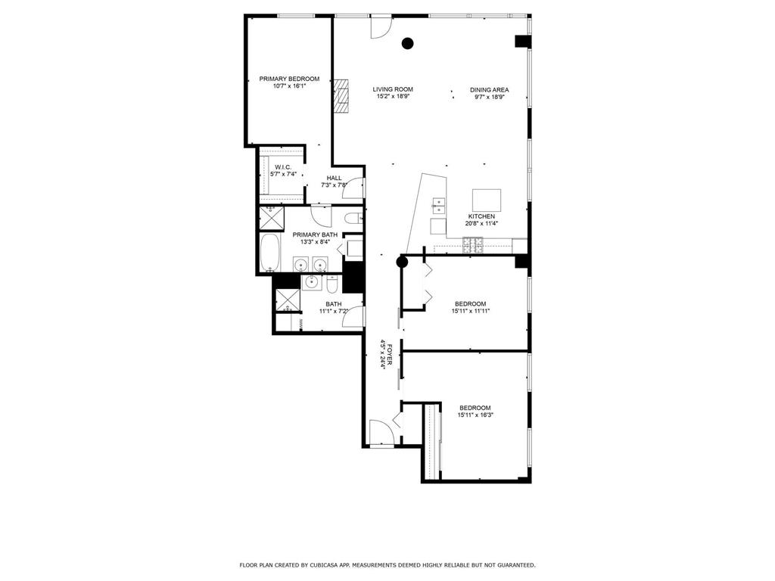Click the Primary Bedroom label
pos(289,79)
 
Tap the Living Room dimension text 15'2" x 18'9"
pos(393,96)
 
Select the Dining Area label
pos(489,89)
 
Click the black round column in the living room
pos(408,43)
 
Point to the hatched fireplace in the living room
pos(344,95)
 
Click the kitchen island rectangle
pos(487,200)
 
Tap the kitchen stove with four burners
pos(474,244)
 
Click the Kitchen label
pos(481,216)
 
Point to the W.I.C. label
pos(283,167)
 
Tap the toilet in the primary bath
pos(351,219)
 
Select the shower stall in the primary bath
pos(269,218)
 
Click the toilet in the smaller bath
pos(332,285)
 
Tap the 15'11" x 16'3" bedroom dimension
pos(475,415)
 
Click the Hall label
pos(335,178)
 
